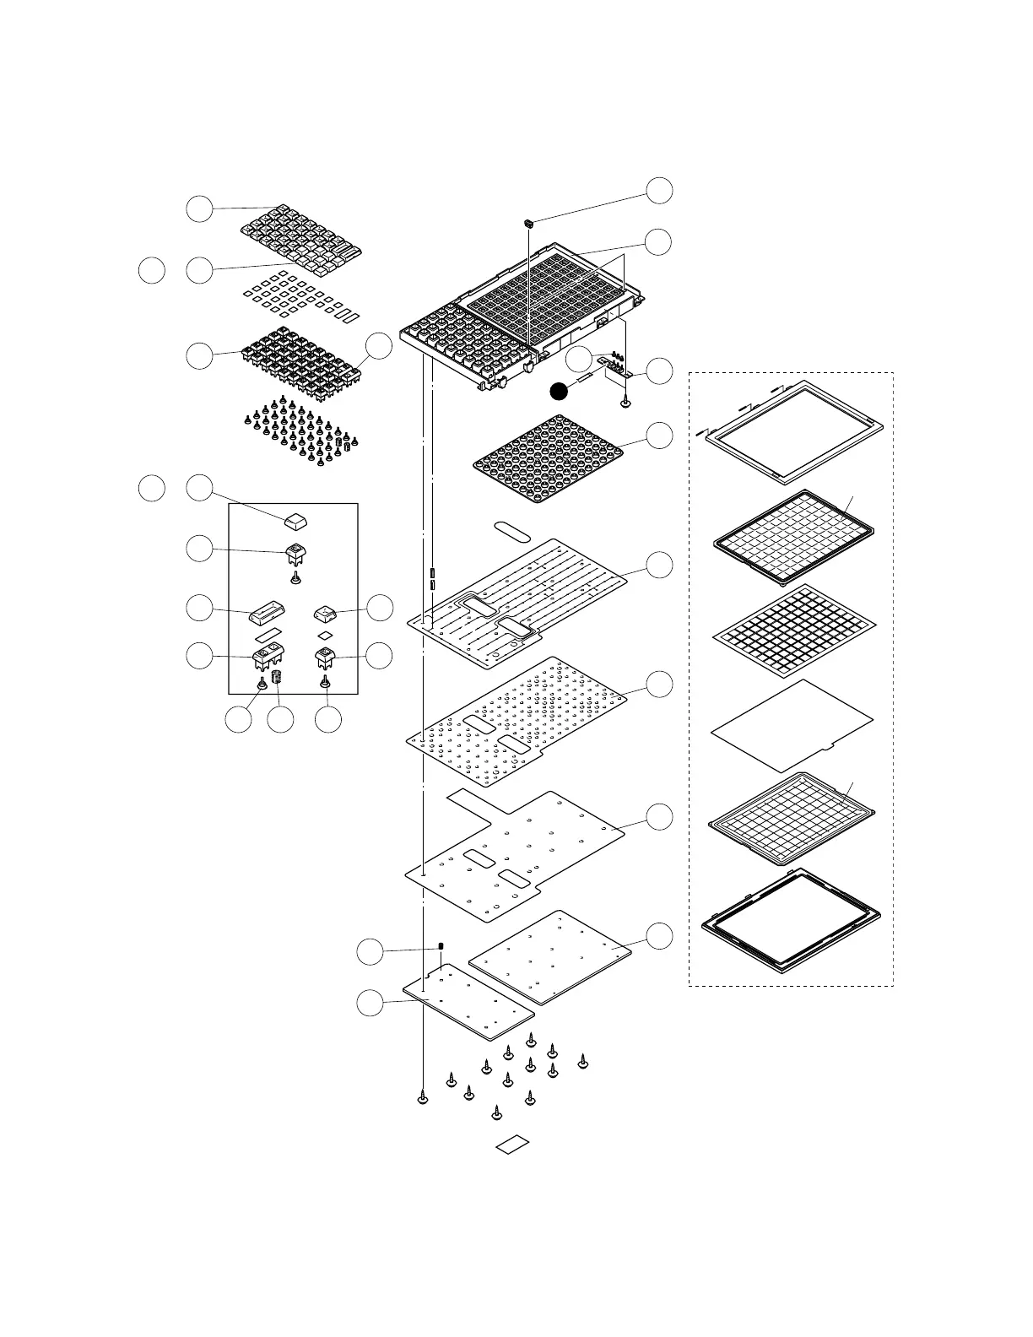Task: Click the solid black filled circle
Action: click(x=558, y=390)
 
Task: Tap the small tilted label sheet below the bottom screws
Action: click(x=511, y=1145)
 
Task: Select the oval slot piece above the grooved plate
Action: click(x=511, y=530)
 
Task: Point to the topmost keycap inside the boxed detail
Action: click(x=295, y=517)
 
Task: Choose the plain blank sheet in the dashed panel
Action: click(x=792, y=726)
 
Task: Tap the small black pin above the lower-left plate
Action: click(x=441, y=945)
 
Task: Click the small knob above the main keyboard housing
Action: click(x=528, y=223)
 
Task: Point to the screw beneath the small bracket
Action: click(x=625, y=403)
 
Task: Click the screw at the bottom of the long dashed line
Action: click(x=422, y=1097)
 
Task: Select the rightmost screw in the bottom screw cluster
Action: click(x=582, y=1062)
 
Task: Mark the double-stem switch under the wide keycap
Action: click(x=268, y=657)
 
